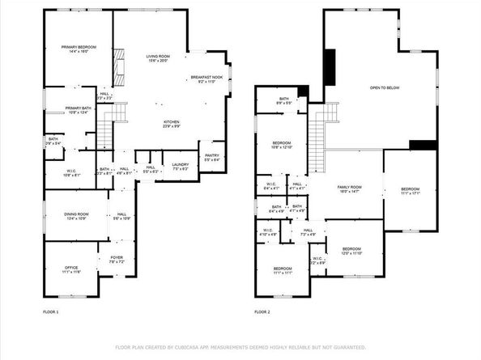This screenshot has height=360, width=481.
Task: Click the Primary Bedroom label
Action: (x=79, y=50)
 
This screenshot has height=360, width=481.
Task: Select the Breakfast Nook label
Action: (x=206, y=79)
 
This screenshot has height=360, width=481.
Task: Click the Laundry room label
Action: (x=180, y=167)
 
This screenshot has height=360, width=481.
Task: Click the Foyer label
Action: (x=117, y=260)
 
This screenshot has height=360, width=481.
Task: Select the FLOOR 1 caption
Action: (x=51, y=311)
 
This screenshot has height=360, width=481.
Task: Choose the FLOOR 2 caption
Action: (x=262, y=311)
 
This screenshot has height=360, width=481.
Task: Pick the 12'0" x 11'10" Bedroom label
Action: (x=351, y=251)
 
